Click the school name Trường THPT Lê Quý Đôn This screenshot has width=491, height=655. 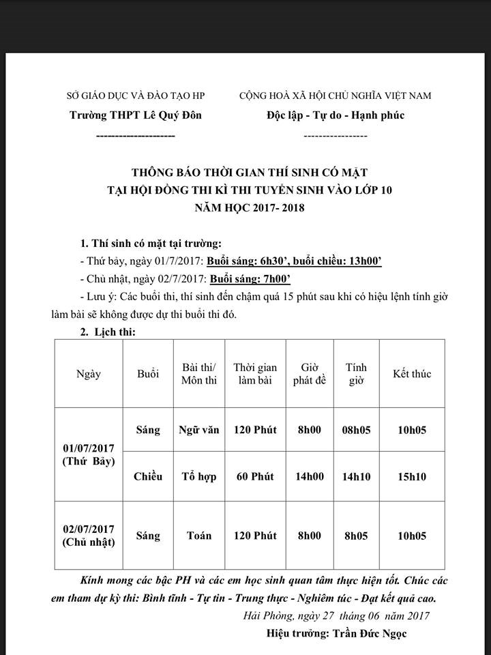pyautogui.click(x=136, y=115)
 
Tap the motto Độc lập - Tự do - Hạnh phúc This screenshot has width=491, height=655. pyautogui.click(x=336, y=115)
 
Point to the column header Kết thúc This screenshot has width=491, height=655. pyautogui.click(x=412, y=374)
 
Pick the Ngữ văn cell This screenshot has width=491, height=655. pyautogui.click(x=198, y=430)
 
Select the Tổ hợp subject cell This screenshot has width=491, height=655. pyautogui.click(x=198, y=476)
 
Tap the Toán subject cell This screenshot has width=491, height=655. pyautogui.click(x=198, y=536)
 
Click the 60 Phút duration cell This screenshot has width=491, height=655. pyautogui.click(x=255, y=476)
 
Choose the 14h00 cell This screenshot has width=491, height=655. pyautogui.click(x=308, y=476)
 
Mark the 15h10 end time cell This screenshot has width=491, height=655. pyautogui.click(x=412, y=476)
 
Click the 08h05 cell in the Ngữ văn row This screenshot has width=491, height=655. pyautogui.click(x=356, y=430)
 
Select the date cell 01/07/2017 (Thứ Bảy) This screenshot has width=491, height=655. pyautogui.click(x=89, y=454)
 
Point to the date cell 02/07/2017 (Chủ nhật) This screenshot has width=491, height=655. pyautogui.click(x=89, y=536)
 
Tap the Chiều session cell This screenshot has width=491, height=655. pyautogui.click(x=148, y=476)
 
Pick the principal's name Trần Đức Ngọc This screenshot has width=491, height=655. pyautogui.click(x=374, y=633)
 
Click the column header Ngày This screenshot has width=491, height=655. pyautogui.click(x=89, y=374)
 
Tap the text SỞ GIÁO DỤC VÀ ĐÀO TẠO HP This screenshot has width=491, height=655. pyautogui.click(x=136, y=96)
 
